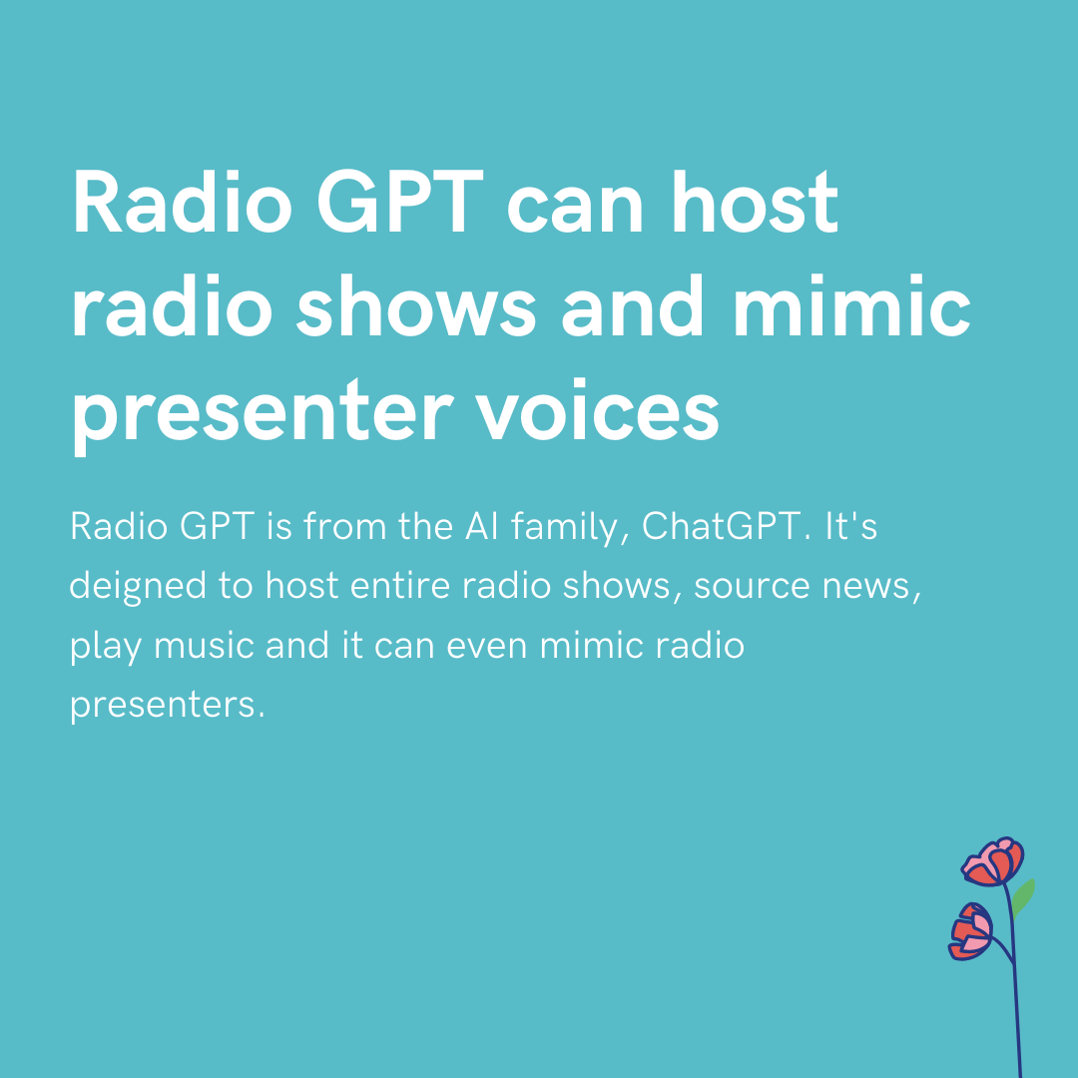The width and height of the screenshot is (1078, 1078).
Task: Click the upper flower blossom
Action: (993, 861)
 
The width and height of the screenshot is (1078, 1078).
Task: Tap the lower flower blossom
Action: (971, 931)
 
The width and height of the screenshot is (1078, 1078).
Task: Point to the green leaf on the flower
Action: (1022, 896)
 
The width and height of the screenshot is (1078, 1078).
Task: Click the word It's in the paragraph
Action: (850, 526)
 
